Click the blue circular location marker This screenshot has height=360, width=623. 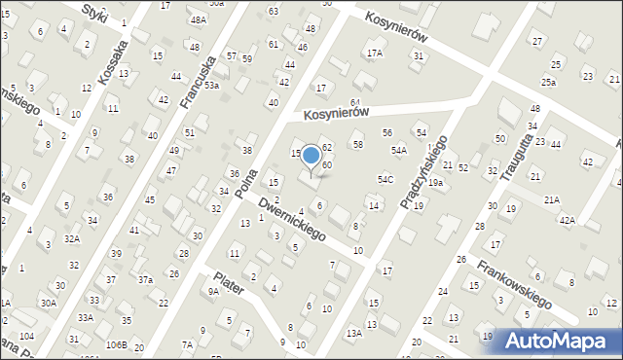coord(311,155)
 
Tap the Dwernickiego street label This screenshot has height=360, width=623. coord(292,217)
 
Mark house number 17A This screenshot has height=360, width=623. coord(375,53)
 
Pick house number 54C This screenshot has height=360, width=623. coord(385,179)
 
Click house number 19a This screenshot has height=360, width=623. coord(435,183)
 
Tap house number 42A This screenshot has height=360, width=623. coord(568,221)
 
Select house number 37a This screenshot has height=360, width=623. coord(145,279)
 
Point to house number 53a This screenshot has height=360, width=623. coord(211,86)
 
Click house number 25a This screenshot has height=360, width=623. coord(550,83)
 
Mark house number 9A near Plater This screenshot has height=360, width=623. coord(213,290)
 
